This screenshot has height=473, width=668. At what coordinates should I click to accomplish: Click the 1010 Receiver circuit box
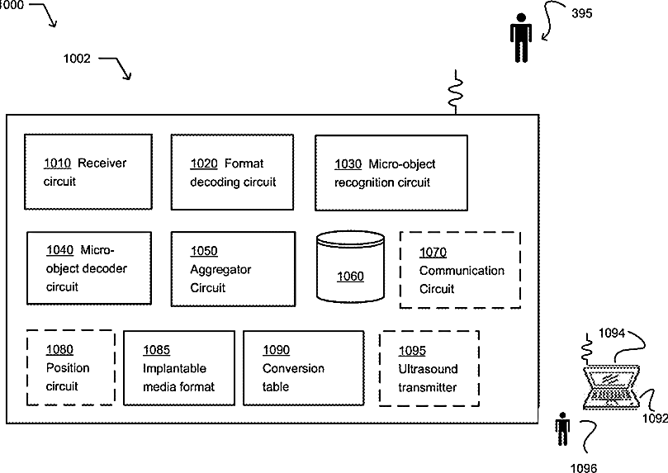(x=88, y=171)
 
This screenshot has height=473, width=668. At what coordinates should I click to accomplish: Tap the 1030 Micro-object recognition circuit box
(x=386, y=172)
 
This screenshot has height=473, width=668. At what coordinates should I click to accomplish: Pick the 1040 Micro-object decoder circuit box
(x=88, y=267)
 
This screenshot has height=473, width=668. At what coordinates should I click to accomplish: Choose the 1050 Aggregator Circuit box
(x=233, y=269)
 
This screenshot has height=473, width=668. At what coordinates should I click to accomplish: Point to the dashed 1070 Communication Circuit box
(x=460, y=270)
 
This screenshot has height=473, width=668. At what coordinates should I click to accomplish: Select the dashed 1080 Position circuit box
(x=70, y=367)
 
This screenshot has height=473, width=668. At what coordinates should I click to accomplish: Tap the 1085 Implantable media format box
(x=178, y=368)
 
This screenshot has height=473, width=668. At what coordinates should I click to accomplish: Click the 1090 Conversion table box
(x=303, y=368)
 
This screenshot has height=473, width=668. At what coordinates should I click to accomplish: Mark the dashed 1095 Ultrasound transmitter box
(x=429, y=368)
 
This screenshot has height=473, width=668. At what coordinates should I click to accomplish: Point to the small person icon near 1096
(x=563, y=431)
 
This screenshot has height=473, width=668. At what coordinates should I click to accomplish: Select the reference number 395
(x=582, y=13)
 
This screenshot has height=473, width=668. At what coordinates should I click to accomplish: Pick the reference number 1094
(x=612, y=333)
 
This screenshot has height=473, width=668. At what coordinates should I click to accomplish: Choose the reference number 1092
(x=654, y=418)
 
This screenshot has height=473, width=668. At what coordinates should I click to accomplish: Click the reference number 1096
(x=582, y=467)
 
